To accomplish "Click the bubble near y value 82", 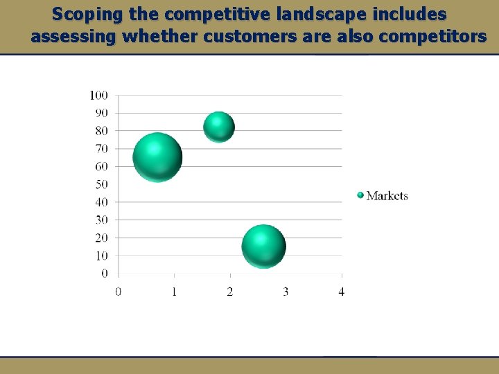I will click(x=219, y=127).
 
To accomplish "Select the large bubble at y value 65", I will click(x=157, y=157).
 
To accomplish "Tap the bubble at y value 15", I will click(x=263, y=247).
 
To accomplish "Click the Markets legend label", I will click(x=387, y=196).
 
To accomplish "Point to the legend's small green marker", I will click(x=360, y=195).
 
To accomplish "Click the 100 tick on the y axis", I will click(x=98, y=95).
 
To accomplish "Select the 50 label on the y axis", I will click(x=101, y=184).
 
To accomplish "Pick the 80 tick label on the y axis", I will click(x=101, y=131).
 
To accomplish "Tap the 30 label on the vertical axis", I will click(x=101, y=220).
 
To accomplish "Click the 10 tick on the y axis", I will click(x=101, y=256).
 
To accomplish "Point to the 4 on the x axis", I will click(x=341, y=292).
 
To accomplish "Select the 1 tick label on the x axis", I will click(x=174, y=292).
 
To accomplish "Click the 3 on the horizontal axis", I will click(x=286, y=292).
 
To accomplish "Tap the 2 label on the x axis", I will click(x=230, y=292).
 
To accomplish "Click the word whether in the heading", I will click(x=160, y=37).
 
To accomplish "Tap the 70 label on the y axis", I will click(x=101, y=149).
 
